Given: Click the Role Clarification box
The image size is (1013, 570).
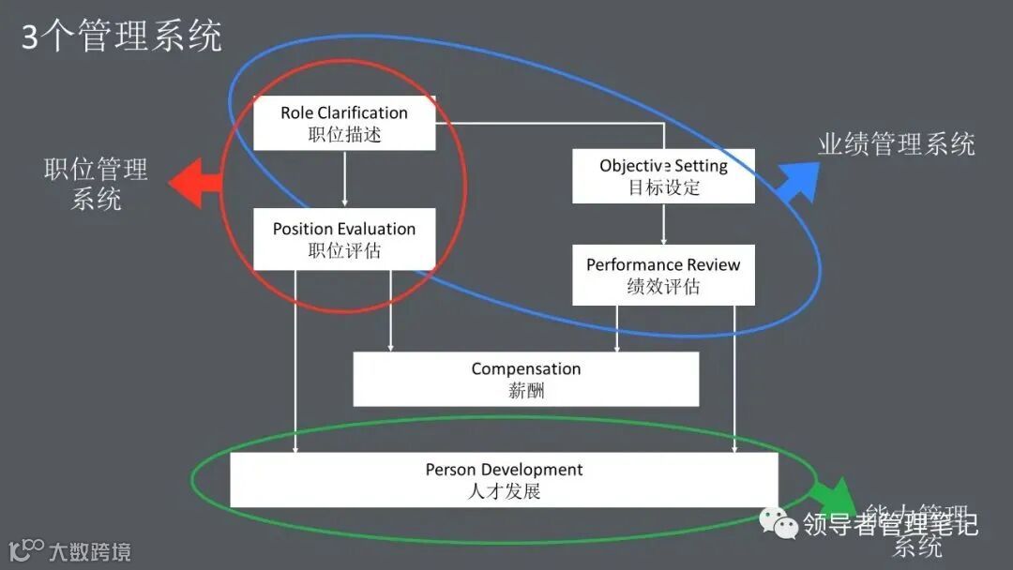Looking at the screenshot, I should [x=344, y=123].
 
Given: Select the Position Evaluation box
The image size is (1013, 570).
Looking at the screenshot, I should [x=344, y=239].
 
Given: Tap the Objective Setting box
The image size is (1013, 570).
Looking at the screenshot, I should [x=663, y=175].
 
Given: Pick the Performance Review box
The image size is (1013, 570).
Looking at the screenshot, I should [x=663, y=276].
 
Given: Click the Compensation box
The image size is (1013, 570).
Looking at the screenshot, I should [x=525, y=379].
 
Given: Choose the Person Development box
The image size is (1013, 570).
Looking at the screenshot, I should [x=504, y=480].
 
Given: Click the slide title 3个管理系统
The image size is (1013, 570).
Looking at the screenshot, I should [x=122, y=37].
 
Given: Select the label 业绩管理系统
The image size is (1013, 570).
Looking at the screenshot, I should [x=896, y=144].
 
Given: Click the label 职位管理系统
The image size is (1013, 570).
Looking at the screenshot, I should [x=97, y=184].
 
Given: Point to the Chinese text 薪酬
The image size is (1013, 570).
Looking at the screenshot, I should [x=526, y=390].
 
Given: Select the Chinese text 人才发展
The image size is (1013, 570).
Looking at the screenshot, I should [x=504, y=490].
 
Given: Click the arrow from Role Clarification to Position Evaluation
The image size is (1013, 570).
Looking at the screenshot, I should [x=344, y=178].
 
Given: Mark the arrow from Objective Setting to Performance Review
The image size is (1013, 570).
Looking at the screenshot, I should [x=664, y=224].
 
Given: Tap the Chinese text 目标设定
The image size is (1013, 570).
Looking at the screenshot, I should [x=664, y=187].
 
